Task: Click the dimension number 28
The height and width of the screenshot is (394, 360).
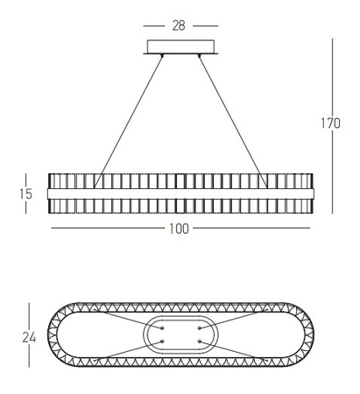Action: click(x=179, y=25)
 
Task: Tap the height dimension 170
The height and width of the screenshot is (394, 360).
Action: click(x=330, y=123)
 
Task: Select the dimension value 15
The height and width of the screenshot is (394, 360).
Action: click(x=25, y=193)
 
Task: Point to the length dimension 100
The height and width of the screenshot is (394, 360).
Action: click(x=179, y=229)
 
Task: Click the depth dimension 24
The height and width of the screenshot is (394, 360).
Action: click(x=29, y=338)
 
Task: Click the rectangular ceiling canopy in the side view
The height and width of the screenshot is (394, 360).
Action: click(x=180, y=46)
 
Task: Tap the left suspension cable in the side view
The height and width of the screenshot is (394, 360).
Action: click(x=128, y=121)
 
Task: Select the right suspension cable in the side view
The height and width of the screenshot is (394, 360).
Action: click(x=233, y=121)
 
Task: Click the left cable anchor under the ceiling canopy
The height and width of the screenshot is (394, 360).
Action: click(x=162, y=55)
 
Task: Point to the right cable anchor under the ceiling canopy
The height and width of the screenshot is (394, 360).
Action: click(x=200, y=55)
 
